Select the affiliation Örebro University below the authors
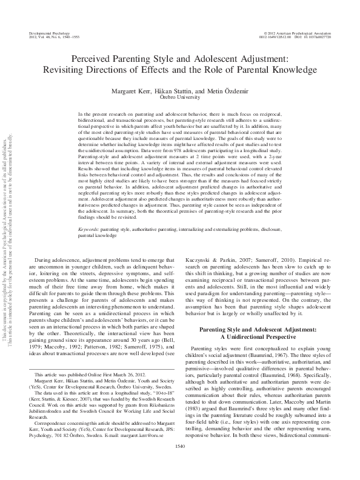179,96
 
